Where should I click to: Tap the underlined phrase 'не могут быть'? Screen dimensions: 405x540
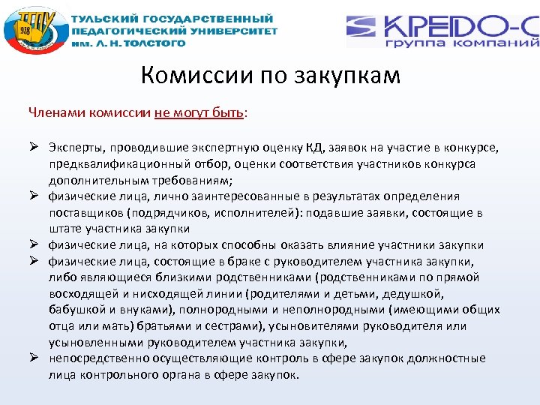click(199, 113)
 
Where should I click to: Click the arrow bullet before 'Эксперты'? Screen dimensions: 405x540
click(34, 147)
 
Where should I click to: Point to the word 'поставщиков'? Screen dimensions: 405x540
click(84, 213)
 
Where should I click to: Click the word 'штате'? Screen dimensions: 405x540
click(65, 229)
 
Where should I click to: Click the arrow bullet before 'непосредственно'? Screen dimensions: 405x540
click(34, 359)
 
